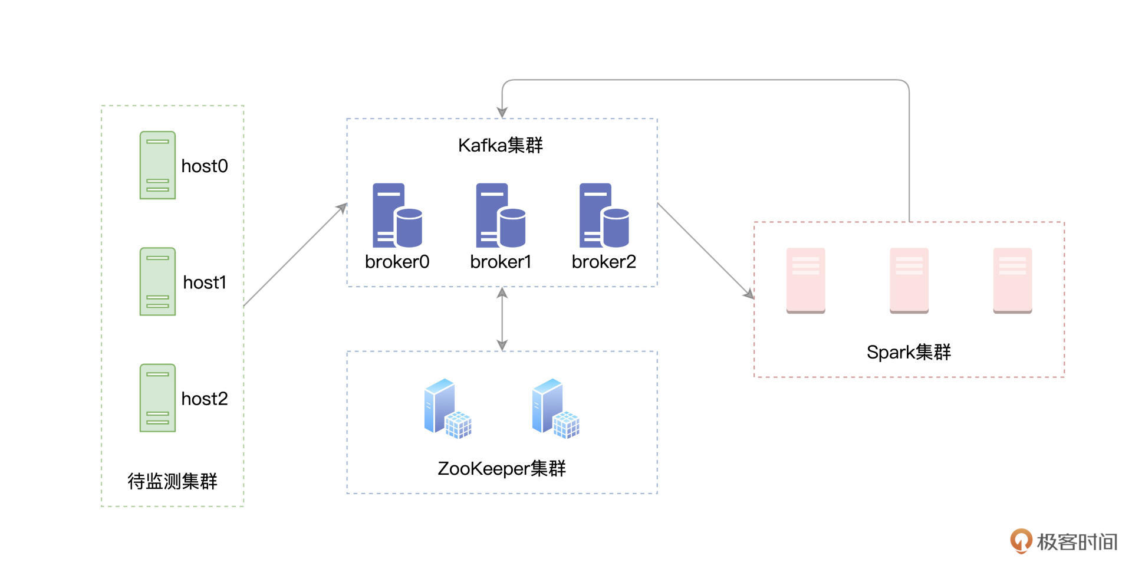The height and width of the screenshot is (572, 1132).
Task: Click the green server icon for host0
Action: point(157,165)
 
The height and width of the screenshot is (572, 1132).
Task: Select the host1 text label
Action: point(205,282)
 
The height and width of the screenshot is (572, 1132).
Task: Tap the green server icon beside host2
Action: point(157,398)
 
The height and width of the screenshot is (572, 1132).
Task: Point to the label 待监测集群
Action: point(172,481)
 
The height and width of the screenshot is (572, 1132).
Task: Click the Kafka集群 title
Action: point(501,145)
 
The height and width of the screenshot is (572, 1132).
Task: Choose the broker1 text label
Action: point(501,262)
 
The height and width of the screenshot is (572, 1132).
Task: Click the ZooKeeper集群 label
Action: point(501,468)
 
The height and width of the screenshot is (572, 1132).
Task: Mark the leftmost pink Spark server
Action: point(805,281)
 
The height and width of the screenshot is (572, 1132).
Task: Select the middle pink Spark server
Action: point(909,281)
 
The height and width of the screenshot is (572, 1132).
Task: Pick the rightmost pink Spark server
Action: point(1012,281)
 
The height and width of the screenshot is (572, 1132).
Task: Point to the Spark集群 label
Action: point(909,352)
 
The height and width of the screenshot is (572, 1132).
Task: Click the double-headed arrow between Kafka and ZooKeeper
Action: point(502,319)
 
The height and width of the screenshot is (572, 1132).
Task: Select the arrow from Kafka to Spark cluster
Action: point(705,251)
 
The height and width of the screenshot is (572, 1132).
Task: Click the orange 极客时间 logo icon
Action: point(1021,541)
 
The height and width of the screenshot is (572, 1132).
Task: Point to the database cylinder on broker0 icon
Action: point(409,228)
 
